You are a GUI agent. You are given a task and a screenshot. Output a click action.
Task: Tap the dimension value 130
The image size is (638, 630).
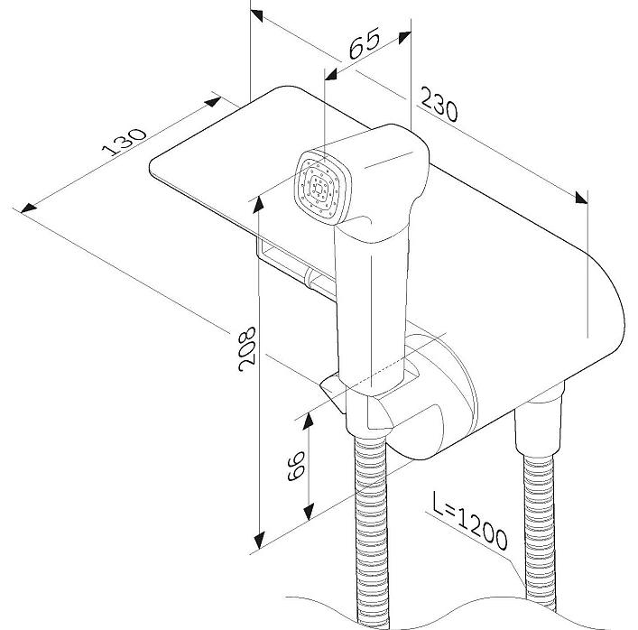click(127, 144)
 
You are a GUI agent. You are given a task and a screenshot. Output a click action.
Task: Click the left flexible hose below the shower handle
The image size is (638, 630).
click(371, 523)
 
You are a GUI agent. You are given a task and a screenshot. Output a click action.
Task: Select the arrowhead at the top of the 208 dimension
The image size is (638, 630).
click(259, 200)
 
